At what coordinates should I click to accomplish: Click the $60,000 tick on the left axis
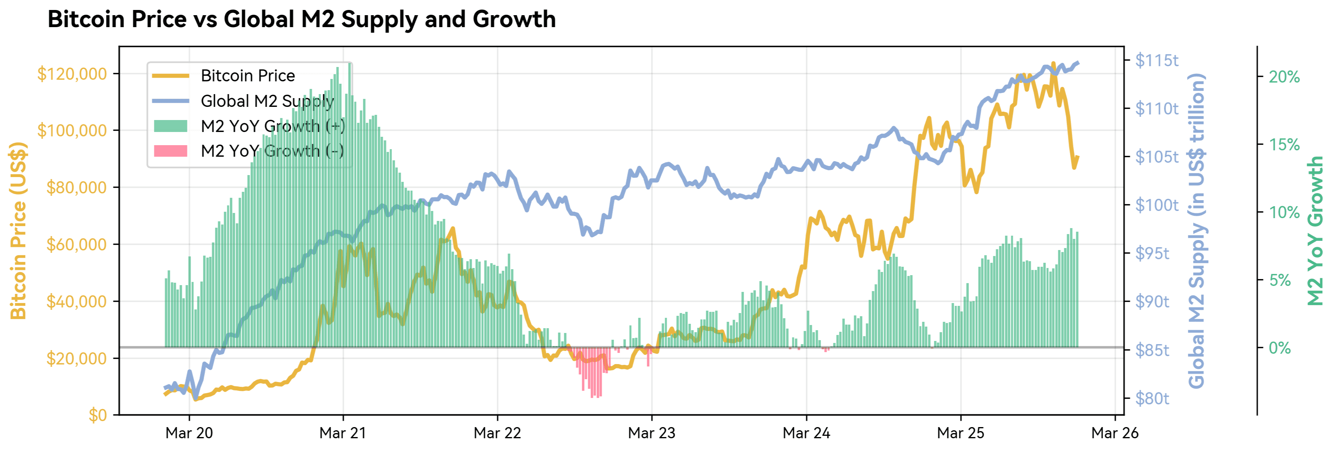pyautogui.click(x=77, y=244)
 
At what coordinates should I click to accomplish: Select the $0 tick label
pyautogui.click(x=97, y=415)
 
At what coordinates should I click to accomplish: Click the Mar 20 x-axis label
pyautogui.click(x=189, y=433)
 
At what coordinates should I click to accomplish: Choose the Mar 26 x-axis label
pyautogui.click(x=1115, y=433)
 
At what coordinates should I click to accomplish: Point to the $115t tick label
pyautogui.click(x=1156, y=60)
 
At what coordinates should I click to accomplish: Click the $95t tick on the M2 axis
pyautogui.click(x=1152, y=253)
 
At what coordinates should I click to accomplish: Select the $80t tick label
pyautogui.click(x=1152, y=398)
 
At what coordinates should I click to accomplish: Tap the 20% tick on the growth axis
pyautogui.click(x=1284, y=77)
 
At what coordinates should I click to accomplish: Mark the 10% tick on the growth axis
pyautogui.click(x=1284, y=212)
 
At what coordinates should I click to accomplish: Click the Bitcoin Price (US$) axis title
pyautogui.click(x=18, y=230)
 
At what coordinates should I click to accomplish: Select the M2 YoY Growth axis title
pyautogui.click(x=1315, y=230)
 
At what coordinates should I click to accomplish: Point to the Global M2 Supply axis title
pyautogui.click(x=1197, y=230)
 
